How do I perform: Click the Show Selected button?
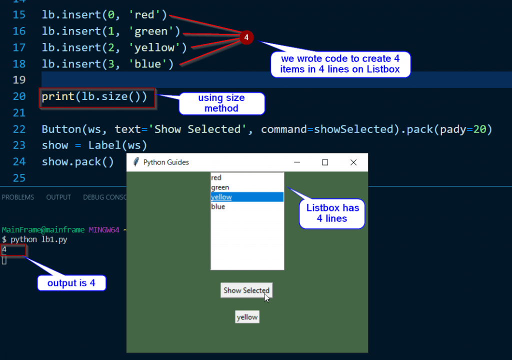[246, 290]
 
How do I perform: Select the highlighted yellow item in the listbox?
[221, 197]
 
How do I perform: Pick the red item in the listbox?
[216, 177]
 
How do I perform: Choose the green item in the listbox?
[220, 187]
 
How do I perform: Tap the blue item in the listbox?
[218, 206]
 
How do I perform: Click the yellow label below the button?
[247, 317]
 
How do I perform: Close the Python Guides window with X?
[353, 162]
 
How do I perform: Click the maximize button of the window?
[325, 162]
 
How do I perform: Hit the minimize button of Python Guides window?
[296, 162]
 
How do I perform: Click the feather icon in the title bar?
[135, 162]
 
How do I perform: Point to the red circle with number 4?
[246, 37]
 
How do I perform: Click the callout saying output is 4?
[71, 283]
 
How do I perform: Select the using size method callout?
[221, 103]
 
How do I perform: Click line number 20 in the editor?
[19, 96]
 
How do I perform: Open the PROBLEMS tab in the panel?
[18, 197]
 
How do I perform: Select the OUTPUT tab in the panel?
[58, 197]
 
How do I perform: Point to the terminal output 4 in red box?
[4, 249]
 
